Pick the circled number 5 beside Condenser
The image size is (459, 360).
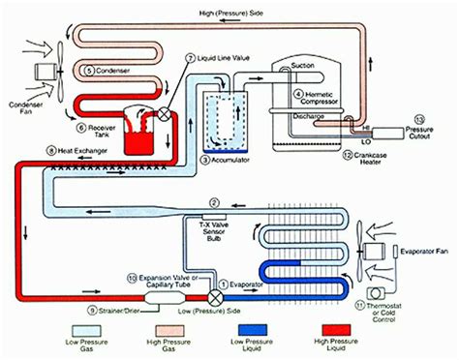coord(89,71)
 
